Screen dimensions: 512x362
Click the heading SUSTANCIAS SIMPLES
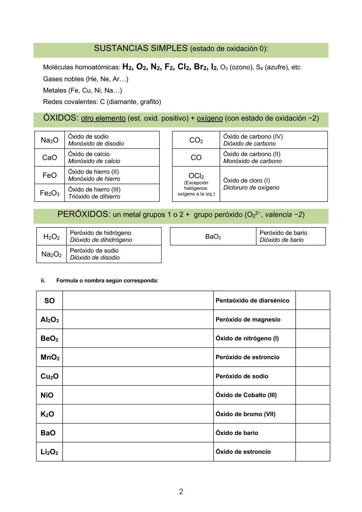tap(140, 49)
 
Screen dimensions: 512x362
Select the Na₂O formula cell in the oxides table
tap(49, 140)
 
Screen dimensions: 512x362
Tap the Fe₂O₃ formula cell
tap(49, 193)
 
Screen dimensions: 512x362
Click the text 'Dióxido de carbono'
tap(249, 144)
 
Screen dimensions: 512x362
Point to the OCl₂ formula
tap(196, 176)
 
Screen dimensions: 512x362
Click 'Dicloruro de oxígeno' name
tap(251, 188)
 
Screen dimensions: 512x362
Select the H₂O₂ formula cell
tap(51, 237)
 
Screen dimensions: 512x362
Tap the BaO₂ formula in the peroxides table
tap(213, 237)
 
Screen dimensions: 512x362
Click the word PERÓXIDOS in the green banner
tap(83, 214)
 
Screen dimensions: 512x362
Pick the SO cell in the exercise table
tap(49, 301)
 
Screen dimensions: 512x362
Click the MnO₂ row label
tap(50, 357)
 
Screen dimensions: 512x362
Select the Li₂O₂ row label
tap(49, 452)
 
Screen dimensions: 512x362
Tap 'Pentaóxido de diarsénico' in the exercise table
tap(252, 301)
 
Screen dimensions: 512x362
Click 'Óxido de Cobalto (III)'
tap(246, 395)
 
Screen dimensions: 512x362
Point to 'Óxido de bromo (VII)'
tap(245, 414)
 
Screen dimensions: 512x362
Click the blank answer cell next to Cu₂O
tap(138, 376)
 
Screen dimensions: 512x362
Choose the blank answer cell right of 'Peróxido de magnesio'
tap(312, 319)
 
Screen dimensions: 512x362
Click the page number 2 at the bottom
tap(181, 492)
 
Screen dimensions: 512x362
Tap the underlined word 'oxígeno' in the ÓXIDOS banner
tap(209, 118)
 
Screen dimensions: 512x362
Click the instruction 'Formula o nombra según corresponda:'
tap(107, 280)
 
